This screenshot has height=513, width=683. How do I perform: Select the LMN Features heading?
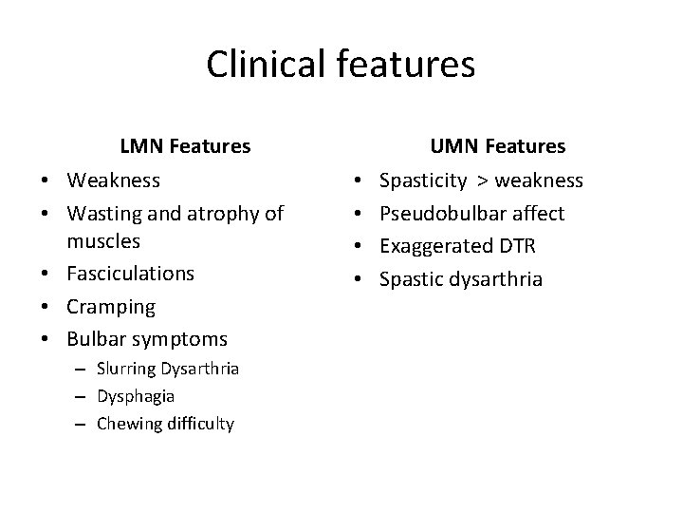click(185, 146)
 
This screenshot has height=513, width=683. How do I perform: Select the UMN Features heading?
click(497, 146)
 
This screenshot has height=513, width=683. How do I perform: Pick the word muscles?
click(104, 240)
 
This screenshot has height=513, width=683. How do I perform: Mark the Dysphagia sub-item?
click(136, 396)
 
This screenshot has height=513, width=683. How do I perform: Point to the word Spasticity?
click(423, 180)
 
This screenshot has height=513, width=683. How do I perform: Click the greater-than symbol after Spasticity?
click(483, 180)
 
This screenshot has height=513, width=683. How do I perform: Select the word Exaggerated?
click(434, 247)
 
